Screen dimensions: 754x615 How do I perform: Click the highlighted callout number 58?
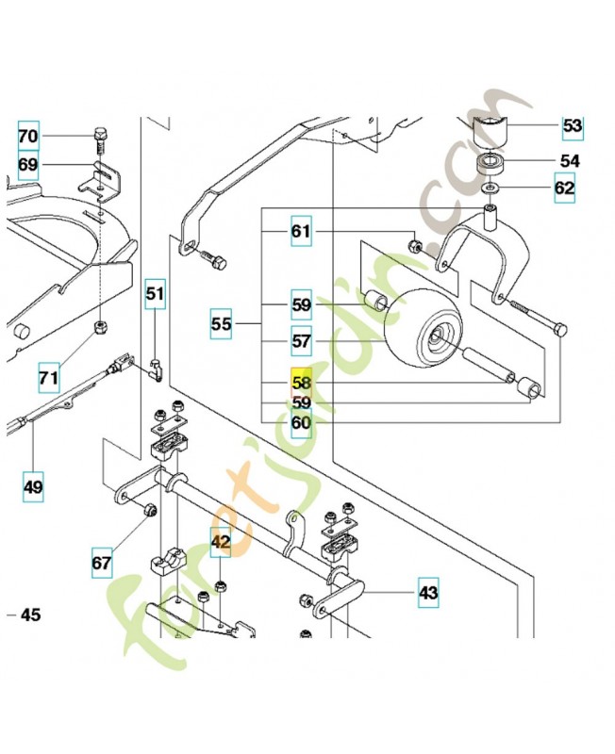[x=301, y=383]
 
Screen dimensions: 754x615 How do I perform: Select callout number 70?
[x=28, y=137]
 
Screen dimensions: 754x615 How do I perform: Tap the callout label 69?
[x=28, y=165]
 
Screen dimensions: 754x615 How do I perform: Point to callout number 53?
[x=573, y=125]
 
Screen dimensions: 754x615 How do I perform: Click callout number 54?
[x=570, y=160]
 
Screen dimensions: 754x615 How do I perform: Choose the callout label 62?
[x=564, y=188]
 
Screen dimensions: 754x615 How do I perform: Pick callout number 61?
[x=301, y=231]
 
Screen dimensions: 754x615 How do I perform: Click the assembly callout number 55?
[x=221, y=324]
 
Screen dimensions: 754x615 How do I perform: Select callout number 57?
[x=301, y=340]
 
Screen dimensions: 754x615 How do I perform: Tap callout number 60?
[x=301, y=423]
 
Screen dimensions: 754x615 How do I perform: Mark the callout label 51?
[x=154, y=294]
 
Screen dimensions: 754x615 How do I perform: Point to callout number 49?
[x=33, y=487]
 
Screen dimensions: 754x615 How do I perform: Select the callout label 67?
[x=101, y=563]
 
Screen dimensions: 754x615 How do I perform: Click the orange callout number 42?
[x=220, y=543]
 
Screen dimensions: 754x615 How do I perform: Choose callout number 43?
[x=429, y=593]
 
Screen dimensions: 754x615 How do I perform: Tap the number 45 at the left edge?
[x=30, y=615]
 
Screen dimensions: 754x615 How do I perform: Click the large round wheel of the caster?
[x=423, y=327]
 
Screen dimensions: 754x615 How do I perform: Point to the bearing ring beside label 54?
[x=490, y=163]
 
